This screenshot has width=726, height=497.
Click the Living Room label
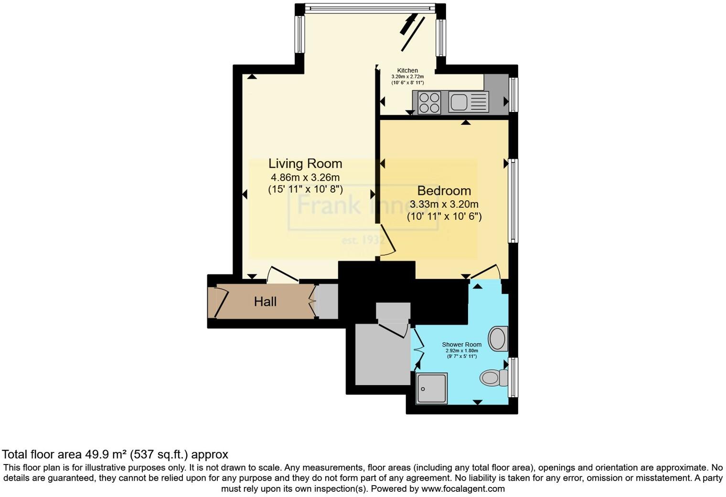pos(305,163)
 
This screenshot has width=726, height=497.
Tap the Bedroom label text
pos(444,191)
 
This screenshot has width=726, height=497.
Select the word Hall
pos(265,302)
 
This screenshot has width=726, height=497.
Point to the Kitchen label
pos(407,70)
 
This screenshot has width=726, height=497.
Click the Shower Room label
pos(461,344)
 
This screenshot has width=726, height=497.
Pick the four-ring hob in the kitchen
pos(429,102)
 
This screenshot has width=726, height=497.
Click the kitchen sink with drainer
pos(469,102)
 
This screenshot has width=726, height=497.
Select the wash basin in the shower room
pos(499,338)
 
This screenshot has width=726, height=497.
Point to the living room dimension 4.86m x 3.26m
pos(305,177)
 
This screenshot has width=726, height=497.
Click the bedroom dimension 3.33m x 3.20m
pos(444,204)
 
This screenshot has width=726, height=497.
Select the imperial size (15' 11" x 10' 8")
pos(305,189)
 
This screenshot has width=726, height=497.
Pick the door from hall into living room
pos(283,274)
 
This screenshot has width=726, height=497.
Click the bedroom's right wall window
pos(513,201)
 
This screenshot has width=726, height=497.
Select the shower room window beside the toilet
pos(513,377)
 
